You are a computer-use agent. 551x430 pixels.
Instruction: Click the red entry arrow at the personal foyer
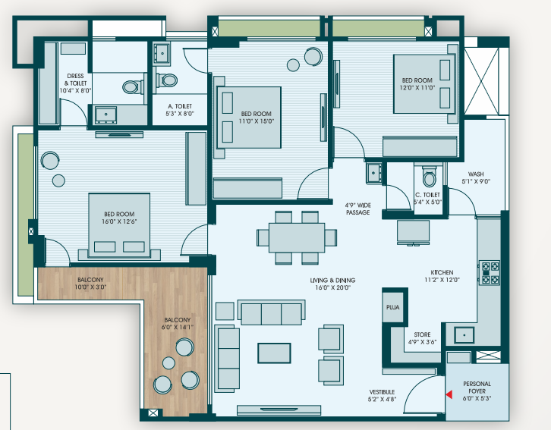[x=449, y=394]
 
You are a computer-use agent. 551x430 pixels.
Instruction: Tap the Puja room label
[x=392, y=307]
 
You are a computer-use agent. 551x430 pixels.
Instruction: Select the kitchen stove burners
[x=490, y=272]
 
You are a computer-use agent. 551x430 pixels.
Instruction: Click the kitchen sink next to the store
[x=464, y=334]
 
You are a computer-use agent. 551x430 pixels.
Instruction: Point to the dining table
[x=297, y=237]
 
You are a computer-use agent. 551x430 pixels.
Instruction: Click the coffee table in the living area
[x=274, y=353]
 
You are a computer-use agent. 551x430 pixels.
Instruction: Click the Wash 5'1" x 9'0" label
[x=476, y=177]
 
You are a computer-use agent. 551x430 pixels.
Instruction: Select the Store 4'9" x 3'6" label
[x=422, y=338]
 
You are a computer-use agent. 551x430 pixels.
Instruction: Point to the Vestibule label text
[x=382, y=392]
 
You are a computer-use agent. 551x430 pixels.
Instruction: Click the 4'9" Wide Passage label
[x=357, y=209]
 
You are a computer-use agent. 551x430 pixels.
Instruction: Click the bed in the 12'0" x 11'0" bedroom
[x=426, y=83]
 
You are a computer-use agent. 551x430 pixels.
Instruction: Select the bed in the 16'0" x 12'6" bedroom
[x=119, y=227]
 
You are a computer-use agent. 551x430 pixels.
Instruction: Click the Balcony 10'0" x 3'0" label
[x=90, y=284]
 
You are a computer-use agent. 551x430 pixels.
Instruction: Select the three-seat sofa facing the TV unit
[x=271, y=312]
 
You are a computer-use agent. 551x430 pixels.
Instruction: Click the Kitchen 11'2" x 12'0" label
[x=442, y=276]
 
